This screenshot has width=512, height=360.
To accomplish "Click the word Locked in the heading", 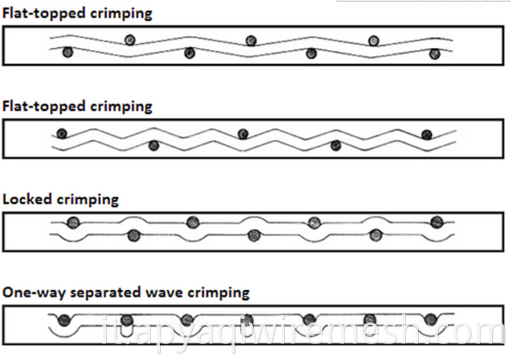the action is [x=27, y=199].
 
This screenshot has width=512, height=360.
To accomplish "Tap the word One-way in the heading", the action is [x=33, y=292].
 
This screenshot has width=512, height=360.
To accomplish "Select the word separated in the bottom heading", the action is [x=105, y=292].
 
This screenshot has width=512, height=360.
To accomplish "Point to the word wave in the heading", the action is [x=164, y=293].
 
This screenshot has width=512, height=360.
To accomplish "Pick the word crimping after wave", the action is [x=219, y=293].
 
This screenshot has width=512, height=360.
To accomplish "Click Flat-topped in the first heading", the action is [x=44, y=14].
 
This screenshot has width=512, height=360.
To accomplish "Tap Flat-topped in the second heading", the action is [x=44, y=107].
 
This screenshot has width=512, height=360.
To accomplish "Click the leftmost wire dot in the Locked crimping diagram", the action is [x=73, y=222].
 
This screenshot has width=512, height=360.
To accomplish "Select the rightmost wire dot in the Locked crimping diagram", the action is [x=437, y=222].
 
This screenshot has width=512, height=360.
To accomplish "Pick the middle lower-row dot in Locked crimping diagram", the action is [x=254, y=235].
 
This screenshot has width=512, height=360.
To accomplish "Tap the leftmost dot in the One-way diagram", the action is [x=64, y=320].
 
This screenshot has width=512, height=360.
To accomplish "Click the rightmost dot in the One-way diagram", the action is [x=431, y=319].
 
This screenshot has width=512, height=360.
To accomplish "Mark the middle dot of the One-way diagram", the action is [x=248, y=320].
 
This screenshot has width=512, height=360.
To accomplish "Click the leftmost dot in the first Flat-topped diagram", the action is [x=68, y=52].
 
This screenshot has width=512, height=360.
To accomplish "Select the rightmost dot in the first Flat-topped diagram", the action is [x=435, y=53].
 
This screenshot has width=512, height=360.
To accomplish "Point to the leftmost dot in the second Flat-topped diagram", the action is [x=62, y=133].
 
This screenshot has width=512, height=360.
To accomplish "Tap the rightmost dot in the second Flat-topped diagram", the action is [x=427, y=135].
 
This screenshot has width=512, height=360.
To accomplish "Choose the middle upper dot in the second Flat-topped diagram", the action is [x=243, y=134].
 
